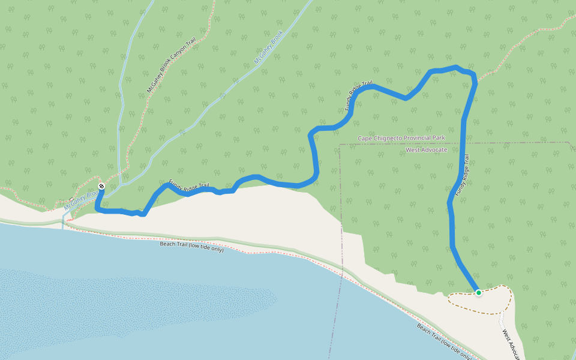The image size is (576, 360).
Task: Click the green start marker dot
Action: (x=479, y=293)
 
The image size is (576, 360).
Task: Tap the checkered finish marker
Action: (x=101, y=186)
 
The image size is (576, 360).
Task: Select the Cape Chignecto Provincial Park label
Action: (x=401, y=138)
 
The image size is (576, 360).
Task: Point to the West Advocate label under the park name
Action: (x=427, y=149)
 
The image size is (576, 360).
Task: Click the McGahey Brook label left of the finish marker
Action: (x=82, y=201)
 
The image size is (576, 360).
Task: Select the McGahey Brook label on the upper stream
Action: (x=268, y=47)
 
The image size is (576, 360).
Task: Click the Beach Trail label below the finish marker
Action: (x=191, y=247)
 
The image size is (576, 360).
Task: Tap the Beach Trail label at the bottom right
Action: (x=444, y=341)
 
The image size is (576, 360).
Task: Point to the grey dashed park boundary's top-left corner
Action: (x=340, y=145)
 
